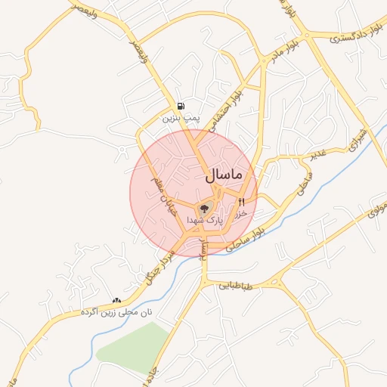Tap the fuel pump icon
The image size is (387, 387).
(180, 107)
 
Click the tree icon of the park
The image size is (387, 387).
(204, 208)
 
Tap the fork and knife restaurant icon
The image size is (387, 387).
(242, 202)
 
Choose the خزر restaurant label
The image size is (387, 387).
(242, 214)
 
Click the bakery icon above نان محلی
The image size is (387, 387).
(116, 300)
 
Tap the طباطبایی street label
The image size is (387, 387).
(239, 285)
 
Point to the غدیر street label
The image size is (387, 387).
(317, 155)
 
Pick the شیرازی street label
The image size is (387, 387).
(358, 138)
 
